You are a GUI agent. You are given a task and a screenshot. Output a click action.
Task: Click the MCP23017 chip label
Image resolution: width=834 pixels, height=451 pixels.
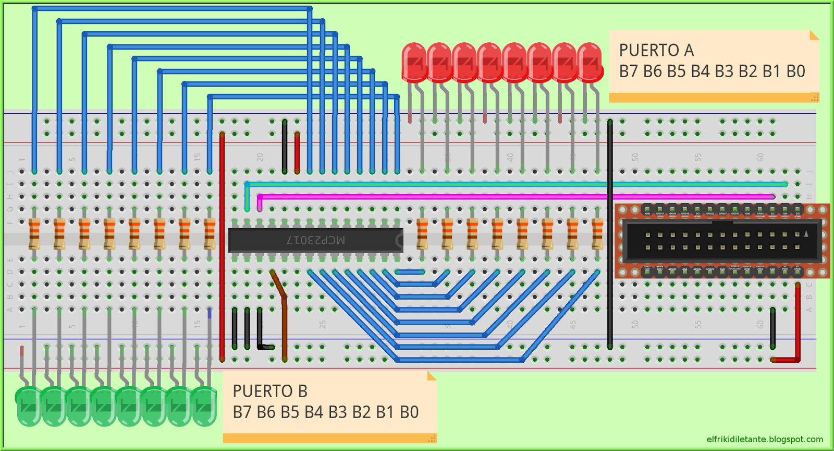click(316, 240)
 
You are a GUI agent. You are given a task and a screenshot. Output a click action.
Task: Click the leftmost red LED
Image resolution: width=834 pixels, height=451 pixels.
click(414, 63)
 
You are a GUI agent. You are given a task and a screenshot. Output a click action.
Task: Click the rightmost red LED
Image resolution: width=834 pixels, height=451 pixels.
click(590, 63)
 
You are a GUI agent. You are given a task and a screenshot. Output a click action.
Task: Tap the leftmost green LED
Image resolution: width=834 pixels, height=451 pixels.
click(29, 406)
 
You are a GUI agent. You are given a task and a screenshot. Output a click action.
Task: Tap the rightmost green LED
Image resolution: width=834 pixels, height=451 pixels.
click(204, 406)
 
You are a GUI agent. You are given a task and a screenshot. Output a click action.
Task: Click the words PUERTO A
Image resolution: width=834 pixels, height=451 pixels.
click(656, 51)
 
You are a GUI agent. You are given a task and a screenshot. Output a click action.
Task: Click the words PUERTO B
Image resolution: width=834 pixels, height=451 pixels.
click(270, 391)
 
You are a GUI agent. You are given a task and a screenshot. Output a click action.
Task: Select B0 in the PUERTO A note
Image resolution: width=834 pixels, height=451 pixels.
click(795, 71)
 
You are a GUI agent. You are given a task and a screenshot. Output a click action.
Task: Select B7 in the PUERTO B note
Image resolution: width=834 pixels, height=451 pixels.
click(242, 412)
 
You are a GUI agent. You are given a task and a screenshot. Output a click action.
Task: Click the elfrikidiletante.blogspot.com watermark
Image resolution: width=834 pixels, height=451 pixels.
click(765, 439)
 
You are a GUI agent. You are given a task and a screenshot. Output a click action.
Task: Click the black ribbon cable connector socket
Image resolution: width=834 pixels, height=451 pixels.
click(722, 241)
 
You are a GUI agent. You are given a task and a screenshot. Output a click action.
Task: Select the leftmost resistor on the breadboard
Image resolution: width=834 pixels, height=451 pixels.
click(34, 234)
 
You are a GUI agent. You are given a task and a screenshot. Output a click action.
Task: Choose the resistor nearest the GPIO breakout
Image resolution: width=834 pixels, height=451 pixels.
click(597, 234)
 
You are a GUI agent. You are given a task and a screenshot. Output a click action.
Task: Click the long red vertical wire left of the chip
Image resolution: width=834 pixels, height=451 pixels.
click(222, 245)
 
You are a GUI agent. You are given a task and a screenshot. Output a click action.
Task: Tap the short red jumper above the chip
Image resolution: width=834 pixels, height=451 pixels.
click(297, 152)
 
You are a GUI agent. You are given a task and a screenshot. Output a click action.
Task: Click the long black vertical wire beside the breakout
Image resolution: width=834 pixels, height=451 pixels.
click(610, 235)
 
